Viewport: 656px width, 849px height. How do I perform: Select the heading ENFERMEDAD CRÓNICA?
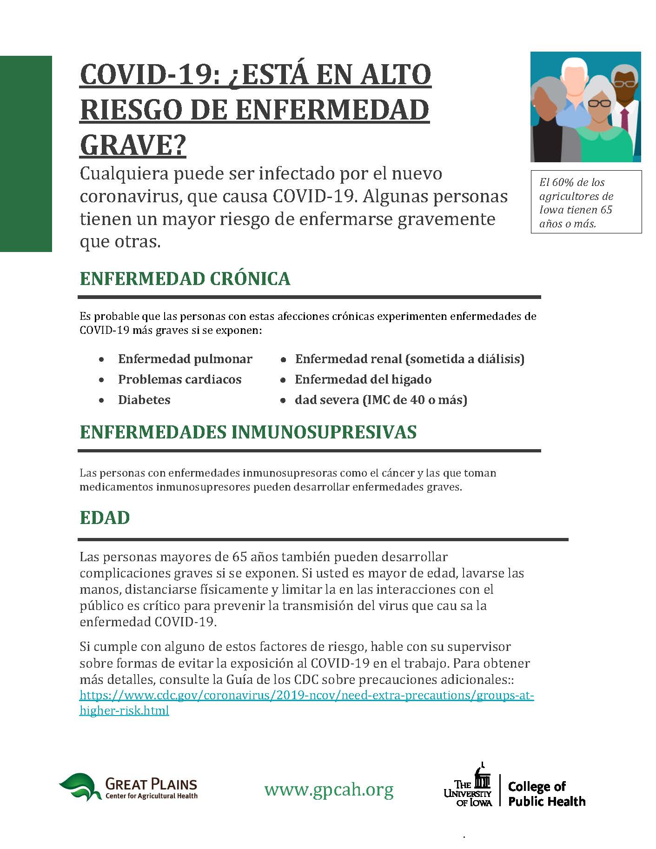[185, 279]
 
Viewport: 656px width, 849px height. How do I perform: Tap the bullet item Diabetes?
[144, 400]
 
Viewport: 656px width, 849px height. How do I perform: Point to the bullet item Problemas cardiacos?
[179, 379]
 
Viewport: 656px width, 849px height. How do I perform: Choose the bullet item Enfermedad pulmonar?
[185, 359]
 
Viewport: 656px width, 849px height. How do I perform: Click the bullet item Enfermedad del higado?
[363, 379]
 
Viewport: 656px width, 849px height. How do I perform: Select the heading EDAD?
[105, 518]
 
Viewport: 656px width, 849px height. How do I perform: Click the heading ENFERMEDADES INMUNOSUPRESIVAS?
[248, 432]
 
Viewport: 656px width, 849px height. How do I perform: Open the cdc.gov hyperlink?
[306, 696]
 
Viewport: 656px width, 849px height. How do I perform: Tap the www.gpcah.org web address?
[329, 789]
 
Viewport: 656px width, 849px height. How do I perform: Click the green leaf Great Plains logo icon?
[80, 786]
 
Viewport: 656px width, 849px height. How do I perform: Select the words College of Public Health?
[546, 794]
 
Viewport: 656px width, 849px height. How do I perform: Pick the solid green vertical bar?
[26, 153]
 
